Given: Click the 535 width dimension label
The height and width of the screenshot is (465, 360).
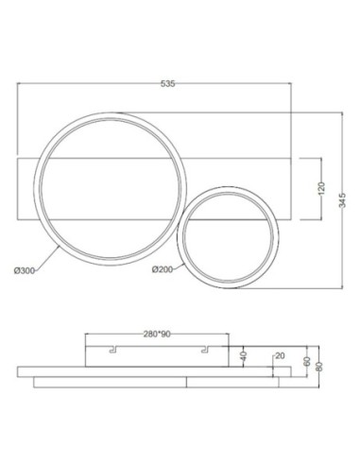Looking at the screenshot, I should click(168, 84).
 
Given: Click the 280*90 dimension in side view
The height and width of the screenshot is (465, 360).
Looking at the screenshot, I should click(157, 333).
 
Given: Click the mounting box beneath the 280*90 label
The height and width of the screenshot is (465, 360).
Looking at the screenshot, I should click(156, 355).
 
